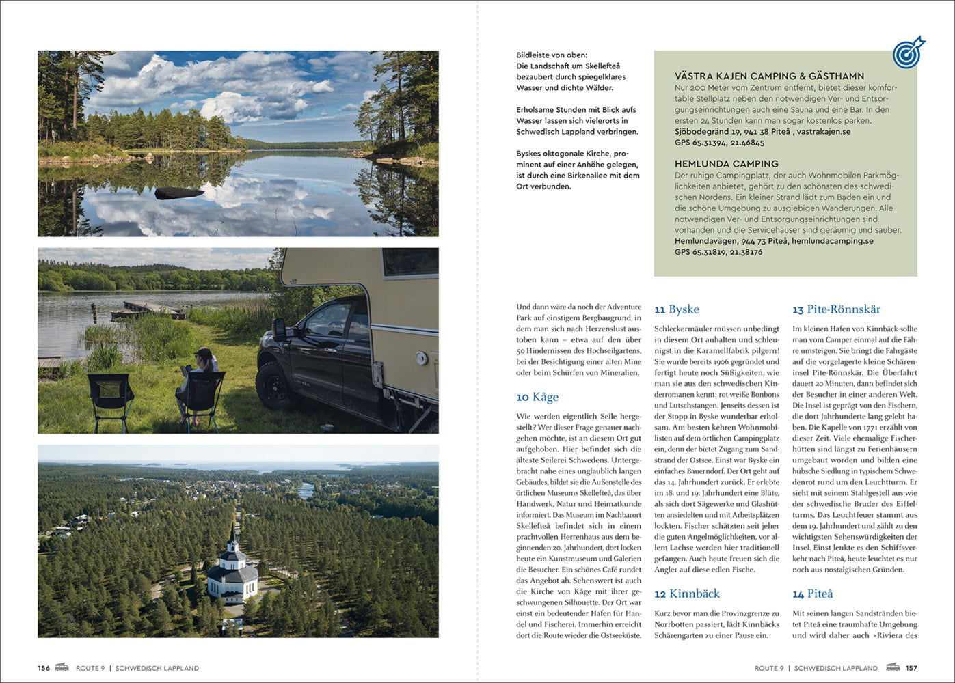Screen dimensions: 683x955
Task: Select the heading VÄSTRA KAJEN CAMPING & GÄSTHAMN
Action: point(769,76)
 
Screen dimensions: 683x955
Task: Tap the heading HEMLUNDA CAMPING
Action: point(726,164)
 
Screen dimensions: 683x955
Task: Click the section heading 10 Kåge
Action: point(537,397)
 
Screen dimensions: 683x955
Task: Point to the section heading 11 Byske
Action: point(676,309)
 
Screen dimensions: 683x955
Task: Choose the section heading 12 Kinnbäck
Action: point(686,594)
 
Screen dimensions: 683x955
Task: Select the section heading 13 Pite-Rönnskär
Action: point(836,309)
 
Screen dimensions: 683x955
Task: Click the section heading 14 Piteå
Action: point(812,594)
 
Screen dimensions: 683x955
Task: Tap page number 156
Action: point(44,668)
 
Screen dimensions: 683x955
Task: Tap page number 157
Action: point(911,668)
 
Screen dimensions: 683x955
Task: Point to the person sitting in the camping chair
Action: point(199,382)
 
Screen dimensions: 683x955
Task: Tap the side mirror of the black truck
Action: point(280,329)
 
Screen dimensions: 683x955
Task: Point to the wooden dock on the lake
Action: point(148,309)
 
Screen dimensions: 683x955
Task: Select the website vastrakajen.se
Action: point(824,131)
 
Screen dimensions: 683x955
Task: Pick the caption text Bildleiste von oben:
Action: point(551,55)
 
